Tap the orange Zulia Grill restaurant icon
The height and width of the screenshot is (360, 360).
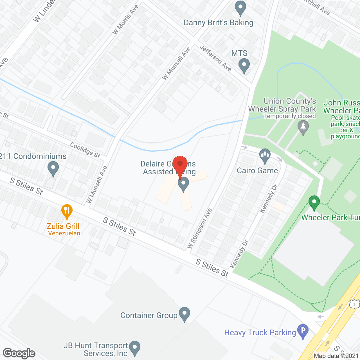point(67,211)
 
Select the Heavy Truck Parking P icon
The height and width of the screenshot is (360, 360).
point(303,331)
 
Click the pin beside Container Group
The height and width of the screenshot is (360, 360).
point(184,314)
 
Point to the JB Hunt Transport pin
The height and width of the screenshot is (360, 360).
point(135,348)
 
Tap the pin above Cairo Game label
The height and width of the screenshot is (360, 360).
point(265,156)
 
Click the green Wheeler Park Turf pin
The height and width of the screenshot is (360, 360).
point(314,202)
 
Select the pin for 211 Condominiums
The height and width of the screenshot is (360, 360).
point(53,168)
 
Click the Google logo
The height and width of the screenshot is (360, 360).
point(19,353)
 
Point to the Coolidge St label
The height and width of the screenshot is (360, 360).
point(85,150)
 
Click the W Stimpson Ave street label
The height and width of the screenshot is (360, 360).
point(200,228)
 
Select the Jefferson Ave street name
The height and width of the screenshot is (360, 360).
point(215,58)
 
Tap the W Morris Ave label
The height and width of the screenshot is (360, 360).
point(125,20)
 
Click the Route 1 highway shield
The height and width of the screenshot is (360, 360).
point(355,304)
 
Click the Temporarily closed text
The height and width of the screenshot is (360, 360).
point(289,116)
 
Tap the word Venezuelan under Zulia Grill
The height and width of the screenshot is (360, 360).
point(64,233)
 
